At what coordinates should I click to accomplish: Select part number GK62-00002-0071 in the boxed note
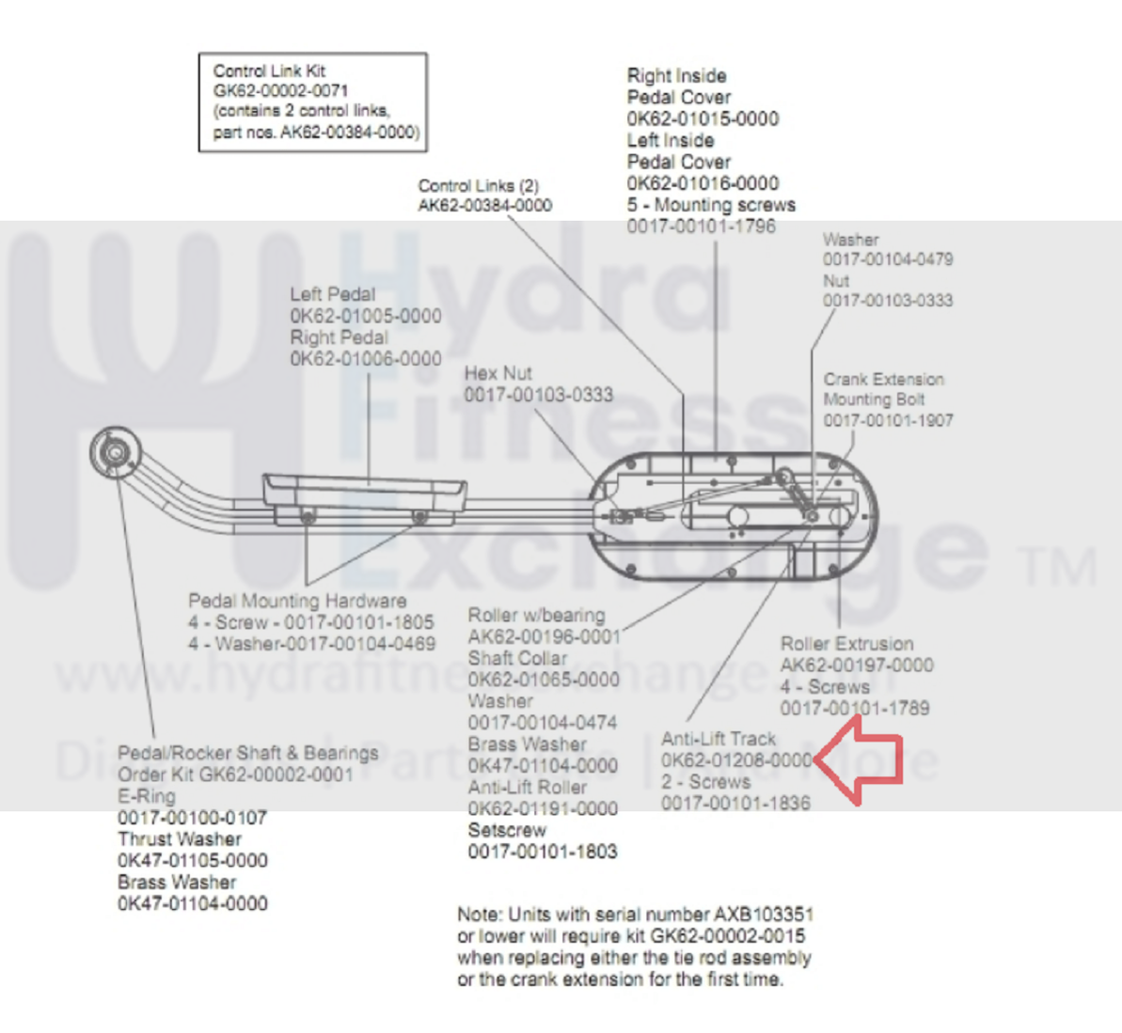coord(280,91)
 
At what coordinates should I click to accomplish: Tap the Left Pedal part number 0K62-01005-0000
coord(365,316)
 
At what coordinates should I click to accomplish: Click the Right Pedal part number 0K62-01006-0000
coord(365,359)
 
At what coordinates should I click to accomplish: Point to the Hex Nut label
coord(498,373)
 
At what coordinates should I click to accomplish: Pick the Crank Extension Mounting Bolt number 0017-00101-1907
coord(888,420)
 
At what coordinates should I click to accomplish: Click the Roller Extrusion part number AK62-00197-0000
coord(856,665)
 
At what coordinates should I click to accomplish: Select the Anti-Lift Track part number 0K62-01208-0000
coord(735,760)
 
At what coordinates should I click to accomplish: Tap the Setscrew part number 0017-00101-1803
coord(543,853)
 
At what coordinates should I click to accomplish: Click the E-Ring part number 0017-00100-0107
coord(192,818)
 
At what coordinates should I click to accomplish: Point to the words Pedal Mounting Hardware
coord(297,601)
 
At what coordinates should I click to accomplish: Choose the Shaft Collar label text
coord(517,658)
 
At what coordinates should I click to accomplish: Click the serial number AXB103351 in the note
coord(764,915)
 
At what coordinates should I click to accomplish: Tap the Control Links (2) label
coord(478,186)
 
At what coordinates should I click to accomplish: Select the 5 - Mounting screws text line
coord(711,205)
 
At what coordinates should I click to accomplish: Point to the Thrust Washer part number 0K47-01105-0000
coord(192,861)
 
